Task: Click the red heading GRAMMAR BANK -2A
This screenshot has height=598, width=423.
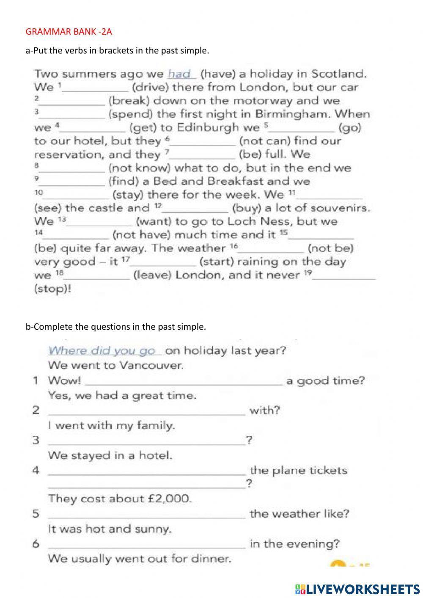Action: point(69,31)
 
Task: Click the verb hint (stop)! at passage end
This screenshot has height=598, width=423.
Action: point(52,289)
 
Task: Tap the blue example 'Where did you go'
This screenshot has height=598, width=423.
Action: point(102,351)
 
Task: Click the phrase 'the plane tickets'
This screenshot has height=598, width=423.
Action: point(298,470)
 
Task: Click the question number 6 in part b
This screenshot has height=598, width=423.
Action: point(36,544)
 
